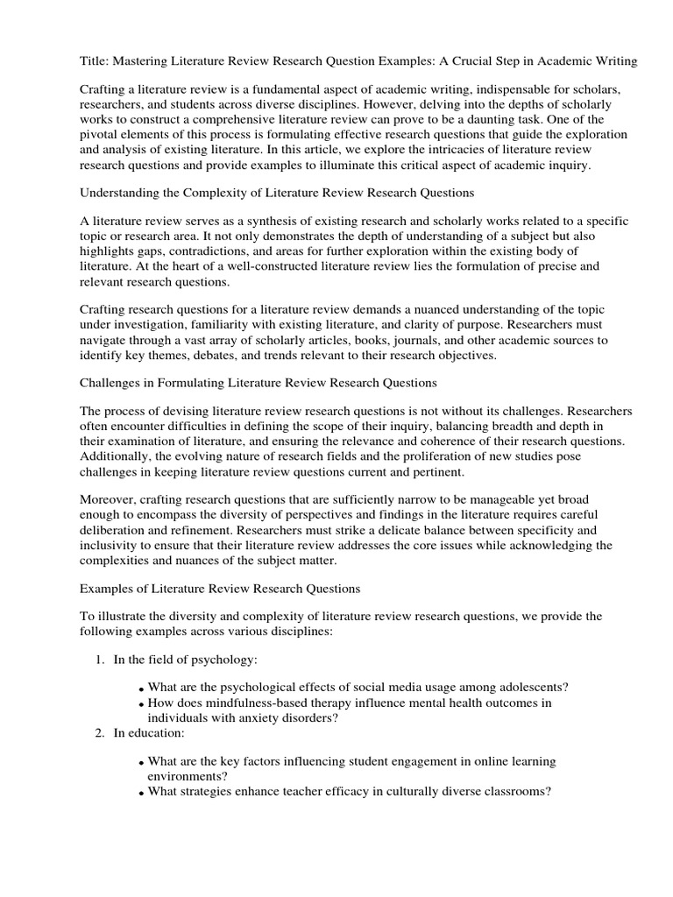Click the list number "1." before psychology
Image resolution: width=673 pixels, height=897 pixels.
point(100,659)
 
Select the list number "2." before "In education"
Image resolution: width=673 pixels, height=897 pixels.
point(100,733)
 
